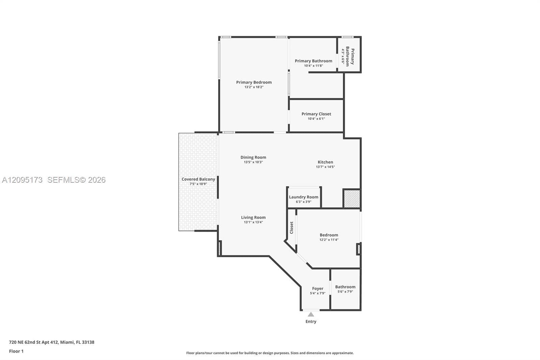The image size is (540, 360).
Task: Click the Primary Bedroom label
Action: click(254, 82)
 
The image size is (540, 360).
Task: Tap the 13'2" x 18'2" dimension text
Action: click(254, 87)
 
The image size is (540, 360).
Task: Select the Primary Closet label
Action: click(316, 114)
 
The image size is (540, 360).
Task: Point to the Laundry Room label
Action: click(303, 197)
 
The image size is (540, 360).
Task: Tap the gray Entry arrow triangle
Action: click(311, 314)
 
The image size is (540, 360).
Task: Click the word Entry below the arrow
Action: click(311, 322)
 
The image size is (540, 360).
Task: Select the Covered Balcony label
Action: click(198, 179)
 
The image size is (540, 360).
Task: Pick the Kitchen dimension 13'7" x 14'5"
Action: click(325, 167)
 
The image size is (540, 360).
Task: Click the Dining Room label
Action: click(253, 157)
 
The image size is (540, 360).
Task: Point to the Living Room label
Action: click(253, 217)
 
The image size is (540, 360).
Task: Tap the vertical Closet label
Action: click(292, 228)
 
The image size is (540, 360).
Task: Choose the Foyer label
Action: click(318, 289)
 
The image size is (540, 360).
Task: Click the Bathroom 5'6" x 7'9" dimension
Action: click(345, 292)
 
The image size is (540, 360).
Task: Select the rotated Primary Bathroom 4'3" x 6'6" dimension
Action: click(343, 56)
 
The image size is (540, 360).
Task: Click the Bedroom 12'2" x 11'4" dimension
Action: click(329, 240)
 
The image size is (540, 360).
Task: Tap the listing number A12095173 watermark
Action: click(22, 180)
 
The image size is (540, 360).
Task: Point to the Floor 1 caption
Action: click(17, 351)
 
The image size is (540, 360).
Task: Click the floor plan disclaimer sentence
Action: click(270, 353)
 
